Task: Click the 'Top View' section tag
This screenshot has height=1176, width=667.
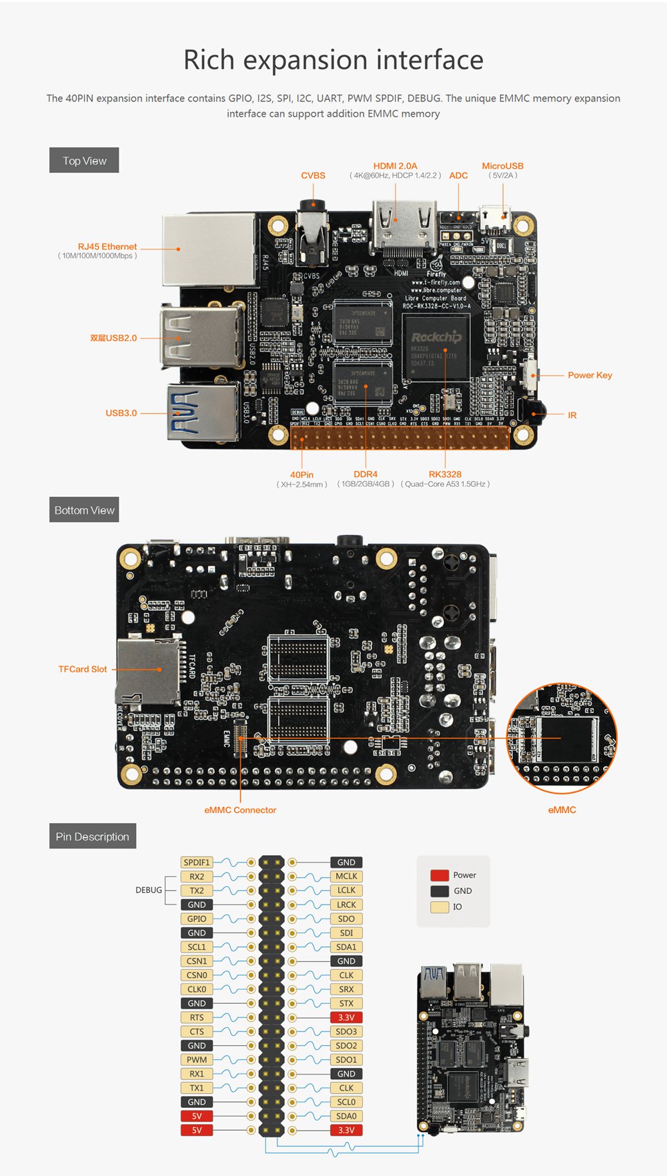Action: click(84, 161)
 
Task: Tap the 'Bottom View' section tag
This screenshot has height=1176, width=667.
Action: click(84, 510)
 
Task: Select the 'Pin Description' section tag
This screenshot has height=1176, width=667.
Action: click(92, 836)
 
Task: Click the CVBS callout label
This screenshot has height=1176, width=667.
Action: click(313, 175)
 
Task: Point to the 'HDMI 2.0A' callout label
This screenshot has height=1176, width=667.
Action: click(395, 166)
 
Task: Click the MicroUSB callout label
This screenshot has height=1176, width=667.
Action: click(502, 166)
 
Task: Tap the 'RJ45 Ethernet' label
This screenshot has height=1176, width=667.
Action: click(107, 247)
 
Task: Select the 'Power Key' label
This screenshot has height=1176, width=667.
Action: click(590, 376)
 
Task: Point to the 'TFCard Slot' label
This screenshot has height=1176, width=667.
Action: click(82, 669)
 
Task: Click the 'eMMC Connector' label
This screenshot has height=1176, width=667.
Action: click(240, 810)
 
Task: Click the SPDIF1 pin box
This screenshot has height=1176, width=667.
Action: click(197, 862)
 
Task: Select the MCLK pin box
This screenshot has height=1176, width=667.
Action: click(346, 876)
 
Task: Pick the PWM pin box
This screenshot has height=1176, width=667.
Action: click(197, 1060)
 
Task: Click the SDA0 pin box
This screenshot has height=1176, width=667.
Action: click(346, 1116)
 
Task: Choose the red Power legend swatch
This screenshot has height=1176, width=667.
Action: click(440, 875)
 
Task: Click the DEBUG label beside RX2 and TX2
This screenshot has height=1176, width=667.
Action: click(148, 891)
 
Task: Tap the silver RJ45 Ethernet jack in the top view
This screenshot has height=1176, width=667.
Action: click(209, 249)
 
